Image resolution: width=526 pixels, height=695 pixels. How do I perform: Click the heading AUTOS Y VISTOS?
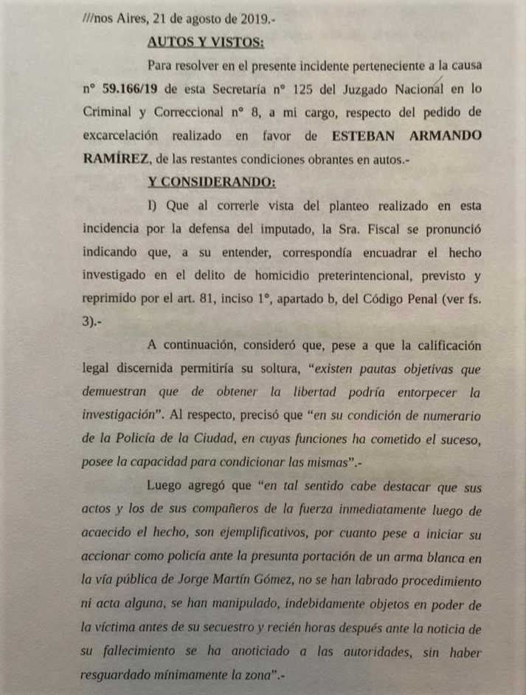coord(195,41)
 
